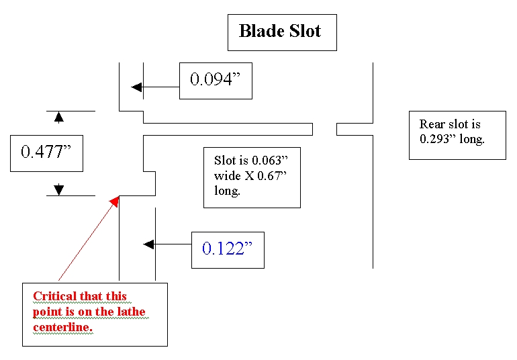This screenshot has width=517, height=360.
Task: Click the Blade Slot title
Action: (x=279, y=31)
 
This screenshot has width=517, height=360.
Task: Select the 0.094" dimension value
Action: (x=216, y=79)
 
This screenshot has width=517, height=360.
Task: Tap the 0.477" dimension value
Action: (x=46, y=152)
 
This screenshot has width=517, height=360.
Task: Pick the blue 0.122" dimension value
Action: (x=227, y=249)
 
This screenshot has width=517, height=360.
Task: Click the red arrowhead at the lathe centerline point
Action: (x=114, y=201)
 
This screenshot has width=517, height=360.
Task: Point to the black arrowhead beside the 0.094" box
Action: (x=137, y=87)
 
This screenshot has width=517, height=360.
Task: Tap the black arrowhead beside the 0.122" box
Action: (x=148, y=244)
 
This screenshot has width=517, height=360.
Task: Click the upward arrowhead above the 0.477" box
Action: (x=58, y=117)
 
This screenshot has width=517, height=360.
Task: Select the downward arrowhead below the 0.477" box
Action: (x=58, y=189)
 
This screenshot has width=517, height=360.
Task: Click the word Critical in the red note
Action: (x=55, y=296)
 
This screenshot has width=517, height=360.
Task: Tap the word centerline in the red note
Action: (x=62, y=327)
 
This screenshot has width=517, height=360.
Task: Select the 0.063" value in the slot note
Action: (x=270, y=161)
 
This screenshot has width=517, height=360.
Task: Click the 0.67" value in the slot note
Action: (x=272, y=175)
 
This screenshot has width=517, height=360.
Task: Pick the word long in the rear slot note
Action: (x=472, y=139)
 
